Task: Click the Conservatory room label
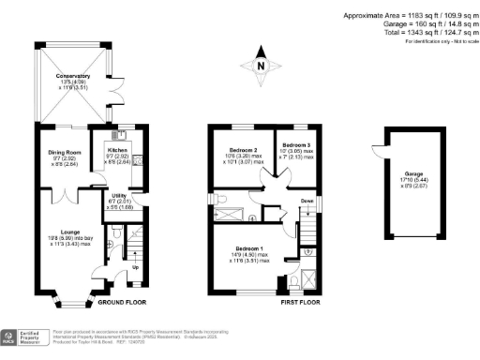pos(73,76)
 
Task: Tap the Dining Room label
pos(67,150)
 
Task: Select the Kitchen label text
pos(119,150)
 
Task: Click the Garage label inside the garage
pos(412,173)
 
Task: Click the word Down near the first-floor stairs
pos(307,201)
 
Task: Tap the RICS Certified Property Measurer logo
pos(25,336)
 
